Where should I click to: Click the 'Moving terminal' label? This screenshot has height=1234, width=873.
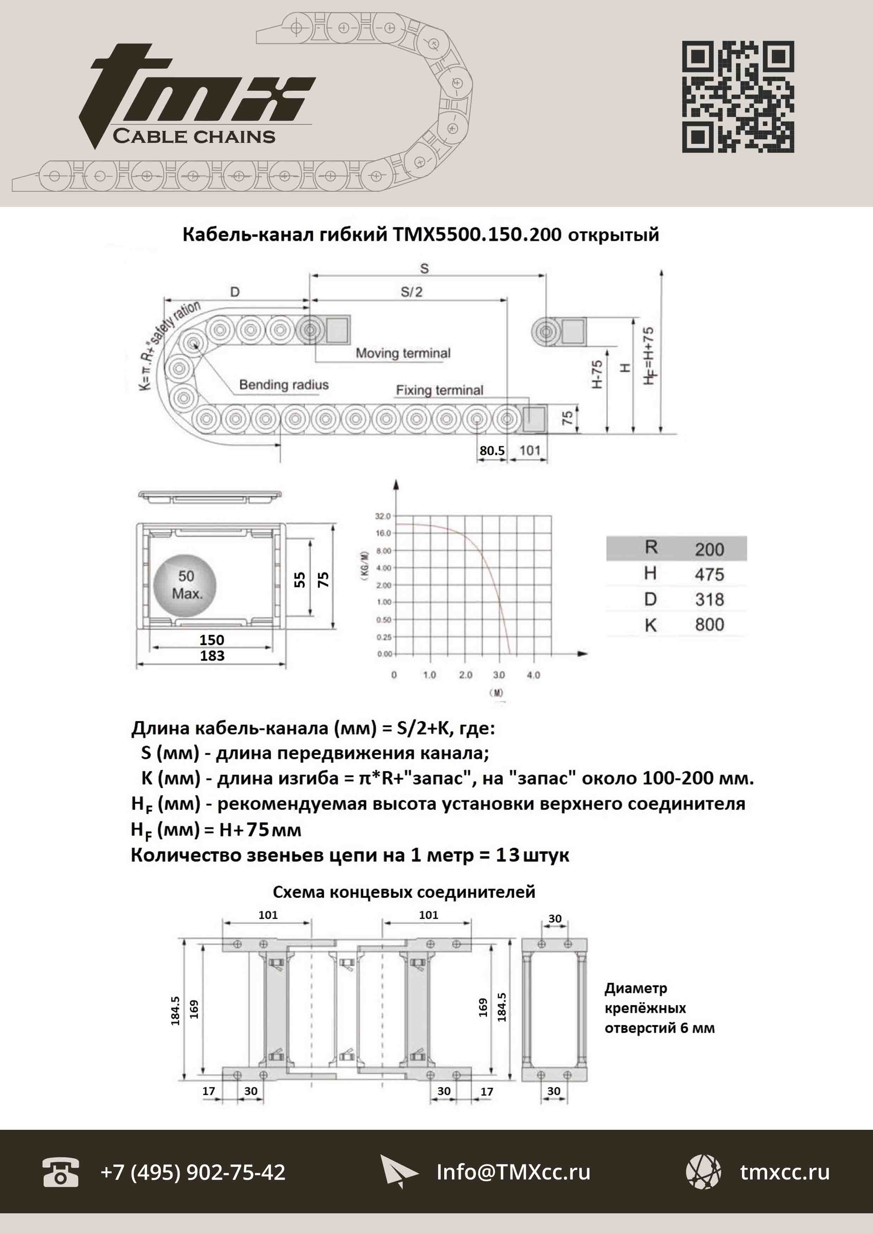click(x=403, y=353)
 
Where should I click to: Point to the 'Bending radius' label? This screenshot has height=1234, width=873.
click(x=283, y=385)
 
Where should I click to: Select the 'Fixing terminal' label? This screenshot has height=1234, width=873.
click(x=439, y=390)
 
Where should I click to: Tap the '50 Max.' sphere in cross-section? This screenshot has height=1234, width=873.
click(x=186, y=585)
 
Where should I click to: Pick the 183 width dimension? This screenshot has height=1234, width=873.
click(x=212, y=656)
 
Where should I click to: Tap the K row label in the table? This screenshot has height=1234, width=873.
click(x=651, y=625)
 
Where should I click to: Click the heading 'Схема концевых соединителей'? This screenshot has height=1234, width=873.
click(x=404, y=892)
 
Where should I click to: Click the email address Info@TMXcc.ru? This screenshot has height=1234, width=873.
click(x=513, y=1172)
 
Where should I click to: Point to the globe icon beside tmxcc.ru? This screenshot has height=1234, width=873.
click(x=703, y=1172)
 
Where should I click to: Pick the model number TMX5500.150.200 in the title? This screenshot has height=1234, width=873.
click(x=477, y=234)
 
